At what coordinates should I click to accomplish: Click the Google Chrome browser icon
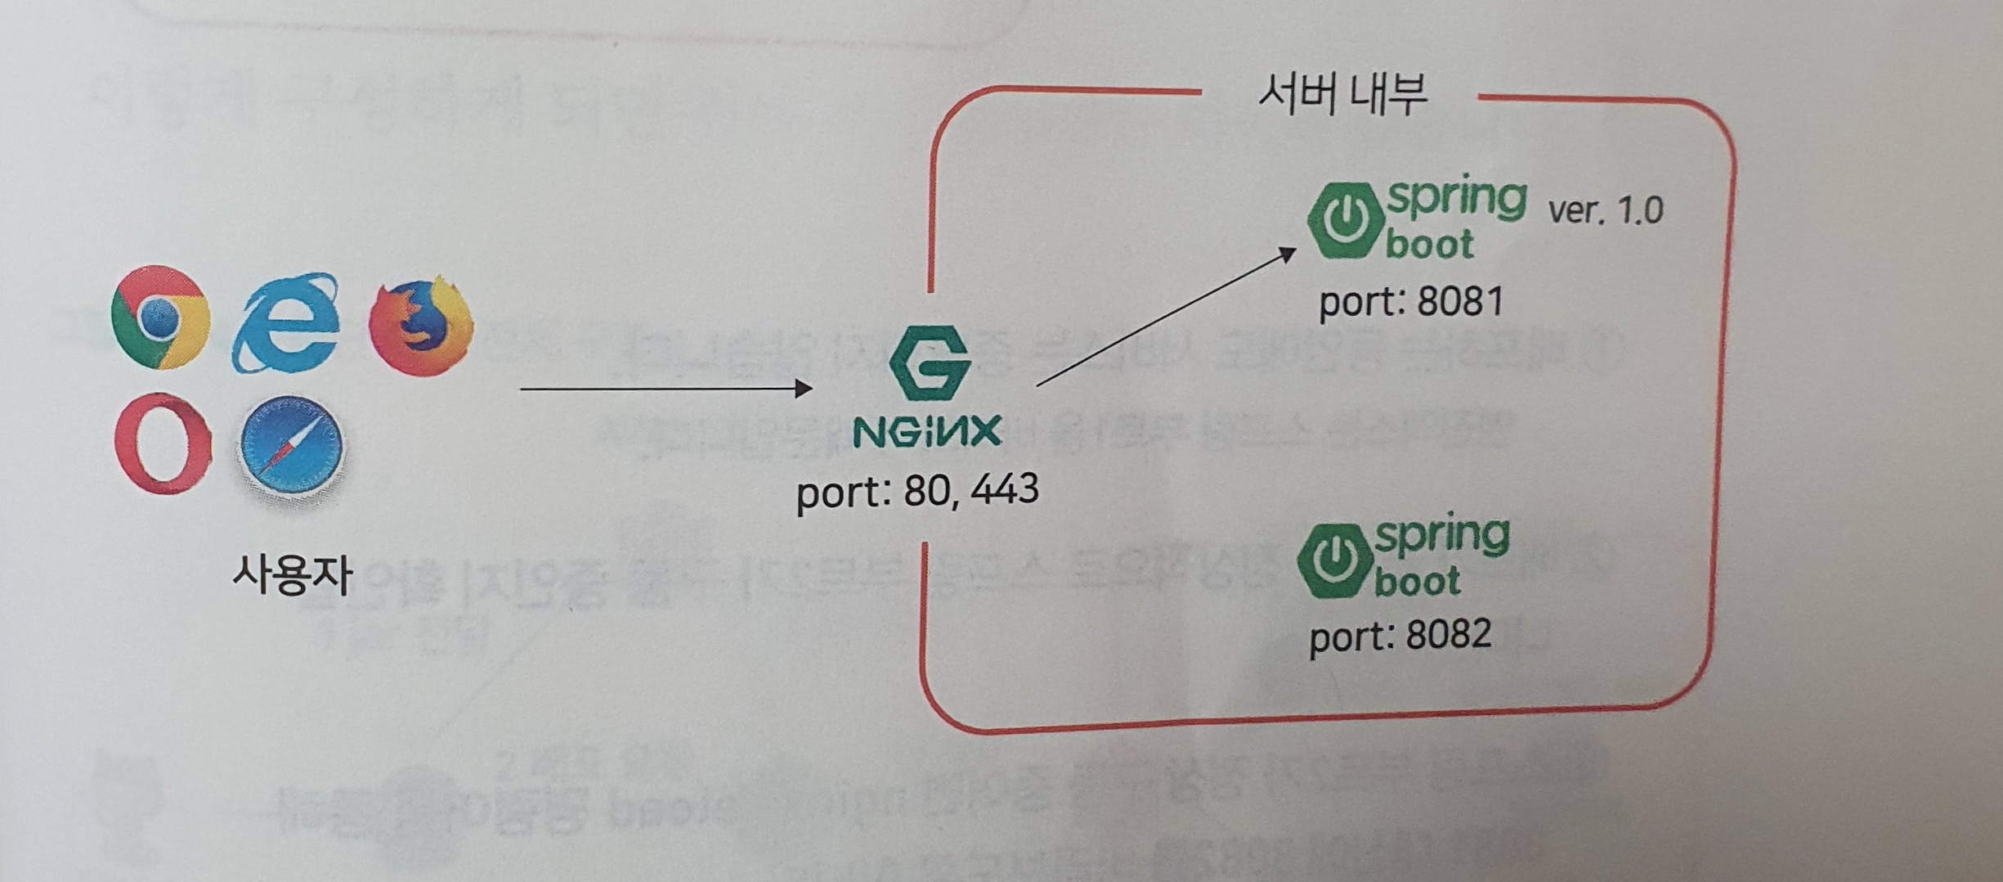(x=160, y=317)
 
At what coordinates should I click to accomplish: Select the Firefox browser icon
(x=421, y=325)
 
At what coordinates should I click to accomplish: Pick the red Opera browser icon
(x=164, y=443)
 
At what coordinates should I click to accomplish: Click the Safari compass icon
(x=291, y=448)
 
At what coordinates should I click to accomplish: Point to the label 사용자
(x=292, y=574)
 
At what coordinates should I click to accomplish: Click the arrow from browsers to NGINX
(x=665, y=389)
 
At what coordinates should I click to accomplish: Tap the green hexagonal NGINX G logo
(x=930, y=362)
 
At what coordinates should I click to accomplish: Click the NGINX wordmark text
(x=927, y=430)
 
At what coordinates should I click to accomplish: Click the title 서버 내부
(x=1342, y=95)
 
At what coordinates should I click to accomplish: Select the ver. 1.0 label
(x=1606, y=211)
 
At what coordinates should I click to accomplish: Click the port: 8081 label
(x=1411, y=302)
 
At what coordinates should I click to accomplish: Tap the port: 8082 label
(x=1400, y=635)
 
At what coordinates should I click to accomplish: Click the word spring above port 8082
(x=1441, y=535)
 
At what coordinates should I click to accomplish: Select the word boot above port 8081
(x=1430, y=245)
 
